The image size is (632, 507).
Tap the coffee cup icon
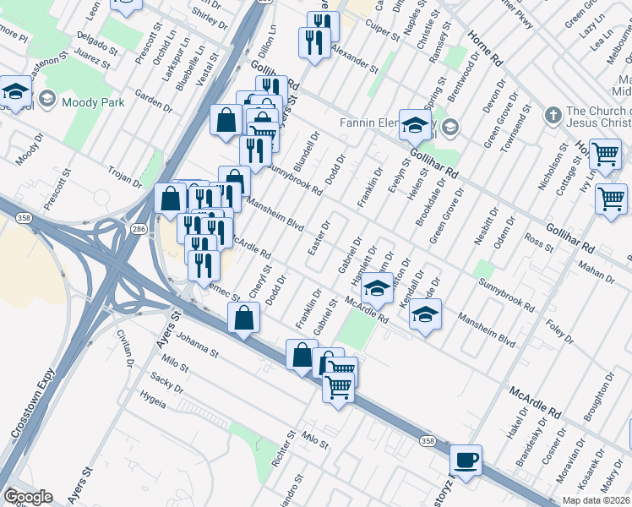click(466, 461)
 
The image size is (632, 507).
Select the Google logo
click(28, 497)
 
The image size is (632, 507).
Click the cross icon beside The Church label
click(553, 114)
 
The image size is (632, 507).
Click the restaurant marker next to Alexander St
click(314, 42)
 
